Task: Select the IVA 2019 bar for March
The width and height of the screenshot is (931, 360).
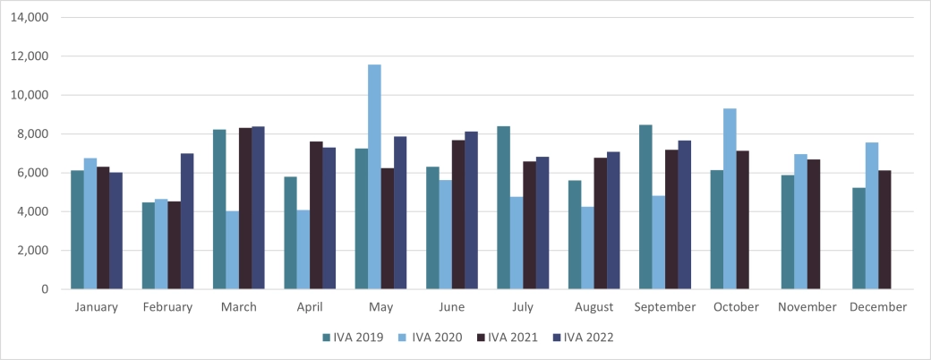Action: coord(219,210)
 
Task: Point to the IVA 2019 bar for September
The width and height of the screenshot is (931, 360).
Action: coord(645,207)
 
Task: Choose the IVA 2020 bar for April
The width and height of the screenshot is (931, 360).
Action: coord(303,250)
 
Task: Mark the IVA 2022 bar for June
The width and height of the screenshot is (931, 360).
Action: coord(471,210)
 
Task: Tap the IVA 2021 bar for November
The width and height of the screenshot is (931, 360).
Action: coord(814,225)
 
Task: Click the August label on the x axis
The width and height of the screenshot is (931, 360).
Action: coord(594,307)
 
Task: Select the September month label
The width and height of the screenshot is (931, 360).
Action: coord(664,307)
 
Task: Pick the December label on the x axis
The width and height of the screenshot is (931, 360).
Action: coord(877,307)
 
